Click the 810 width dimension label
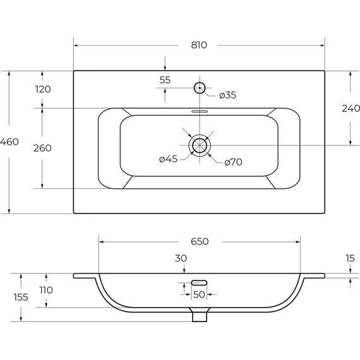198,45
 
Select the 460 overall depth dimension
9,142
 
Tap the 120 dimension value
43,89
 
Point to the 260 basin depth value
42,148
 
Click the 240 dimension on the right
351,108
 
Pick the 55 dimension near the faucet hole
165,80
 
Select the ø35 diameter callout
227,95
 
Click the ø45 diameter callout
168,159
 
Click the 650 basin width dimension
199,241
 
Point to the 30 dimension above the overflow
181,258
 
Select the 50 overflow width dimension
199,295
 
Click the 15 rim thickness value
351,258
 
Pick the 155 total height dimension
21,297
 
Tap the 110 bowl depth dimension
46,290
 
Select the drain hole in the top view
200,145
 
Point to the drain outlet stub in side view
200,315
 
